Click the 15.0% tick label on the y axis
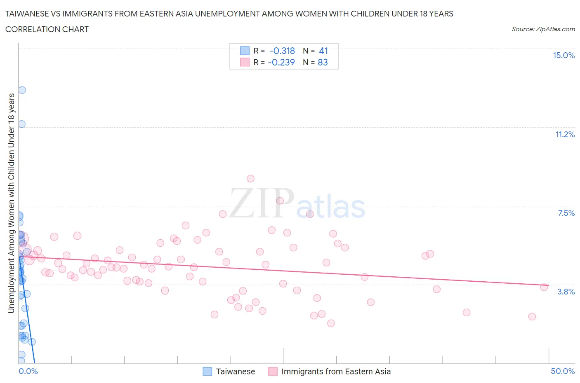[563, 55]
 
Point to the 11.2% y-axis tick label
[565, 134]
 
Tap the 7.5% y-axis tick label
[566, 213]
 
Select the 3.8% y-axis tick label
[566, 292]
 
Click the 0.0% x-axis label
[28, 371]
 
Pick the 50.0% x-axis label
[563, 371]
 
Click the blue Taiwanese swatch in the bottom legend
[207, 371]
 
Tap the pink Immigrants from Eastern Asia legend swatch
[273, 371]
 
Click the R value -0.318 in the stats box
[282, 51]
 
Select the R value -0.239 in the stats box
[281, 62]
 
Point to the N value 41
[323, 51]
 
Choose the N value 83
[323, 62]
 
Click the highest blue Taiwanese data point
[22, 90]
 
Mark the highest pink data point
[250, 178]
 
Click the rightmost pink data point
[544, 287]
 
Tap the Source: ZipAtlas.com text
[543, 29]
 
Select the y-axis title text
[11, 203]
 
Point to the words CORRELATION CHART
[47, 29]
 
